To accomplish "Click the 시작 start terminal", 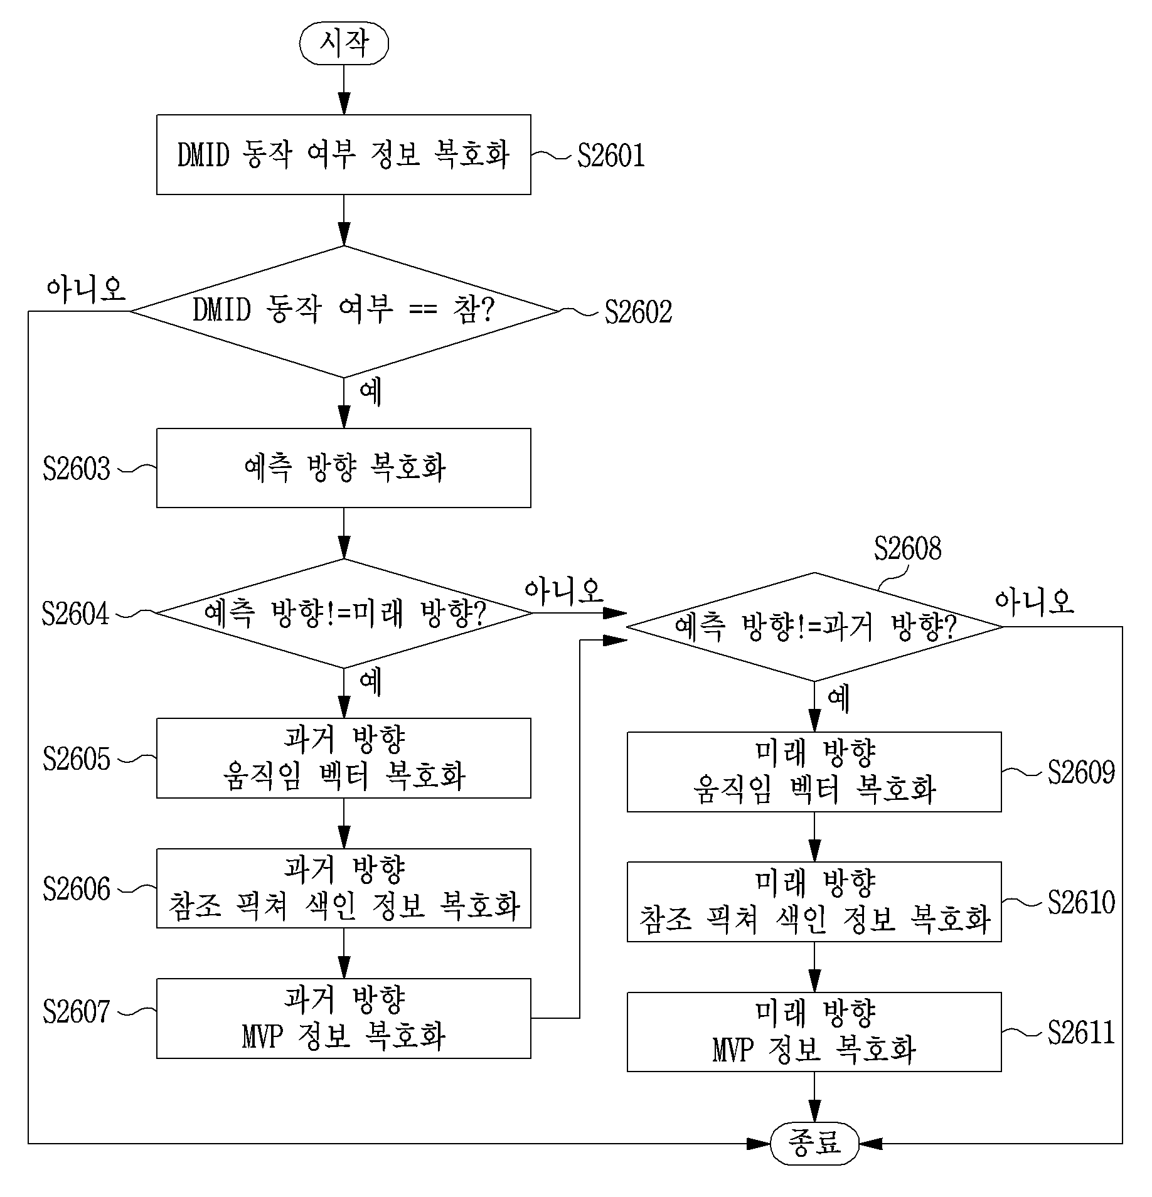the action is pyautogui.click(x=344, y=44).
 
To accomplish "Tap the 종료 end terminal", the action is pyautogui.click(x=814, y=1143).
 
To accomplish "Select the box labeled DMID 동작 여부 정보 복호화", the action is pyautogui.click(x=344, y=154).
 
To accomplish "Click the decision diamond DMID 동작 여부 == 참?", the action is pyautogui.click(x=344, y=311).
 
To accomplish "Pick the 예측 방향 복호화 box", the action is pyautogui.click(x=344, y=468).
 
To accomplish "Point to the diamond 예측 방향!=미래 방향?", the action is pyautogui.click(x=344, y=614).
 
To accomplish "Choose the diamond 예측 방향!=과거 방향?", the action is pyautogui.click(x=814, y=627).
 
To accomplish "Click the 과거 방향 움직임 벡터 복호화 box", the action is pyautogui.click(x=344, y=758).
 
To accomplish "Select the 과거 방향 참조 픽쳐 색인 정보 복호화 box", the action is pyautogui.click(x=344, y=888).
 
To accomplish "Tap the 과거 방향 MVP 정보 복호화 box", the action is pyautogui.click(x=344, y=1018).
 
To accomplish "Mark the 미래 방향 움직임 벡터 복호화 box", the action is pyautogui.click(x=814, y=772).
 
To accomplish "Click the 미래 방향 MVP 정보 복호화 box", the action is pyautogui.click(x=814, y=1032).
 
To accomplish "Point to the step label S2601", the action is pyautogui.click(x=611, y=156).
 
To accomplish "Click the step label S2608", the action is pyautogui.click(x=908, y=548).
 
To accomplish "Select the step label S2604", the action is pyautogui.click(x=76, y=614).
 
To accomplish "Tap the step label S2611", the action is pyautogui.click(x=1081, y=1033).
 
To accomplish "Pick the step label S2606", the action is pyautogui.click(x=77, y=889).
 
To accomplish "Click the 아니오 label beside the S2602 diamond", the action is pyautogui.click(x=87, y=289).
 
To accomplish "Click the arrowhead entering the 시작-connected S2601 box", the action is pyautogui.click(x=344, y=105).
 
